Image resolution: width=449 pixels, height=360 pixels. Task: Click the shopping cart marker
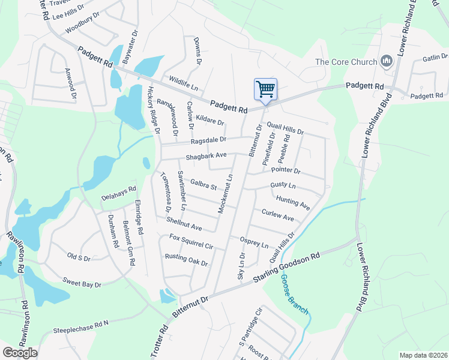265,90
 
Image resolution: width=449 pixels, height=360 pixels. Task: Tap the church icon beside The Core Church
387,62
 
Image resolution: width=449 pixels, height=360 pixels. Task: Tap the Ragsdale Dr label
208,140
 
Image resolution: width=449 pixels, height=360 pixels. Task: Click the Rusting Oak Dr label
186,260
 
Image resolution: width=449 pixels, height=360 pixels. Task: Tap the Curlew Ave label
277,215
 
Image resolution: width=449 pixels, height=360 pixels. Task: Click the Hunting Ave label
293,202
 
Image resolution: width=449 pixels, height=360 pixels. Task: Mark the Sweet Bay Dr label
82,282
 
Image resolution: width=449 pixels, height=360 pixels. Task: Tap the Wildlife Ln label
183,83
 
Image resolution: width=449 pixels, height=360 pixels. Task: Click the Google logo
20,352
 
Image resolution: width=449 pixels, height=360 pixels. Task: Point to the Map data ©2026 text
423,355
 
